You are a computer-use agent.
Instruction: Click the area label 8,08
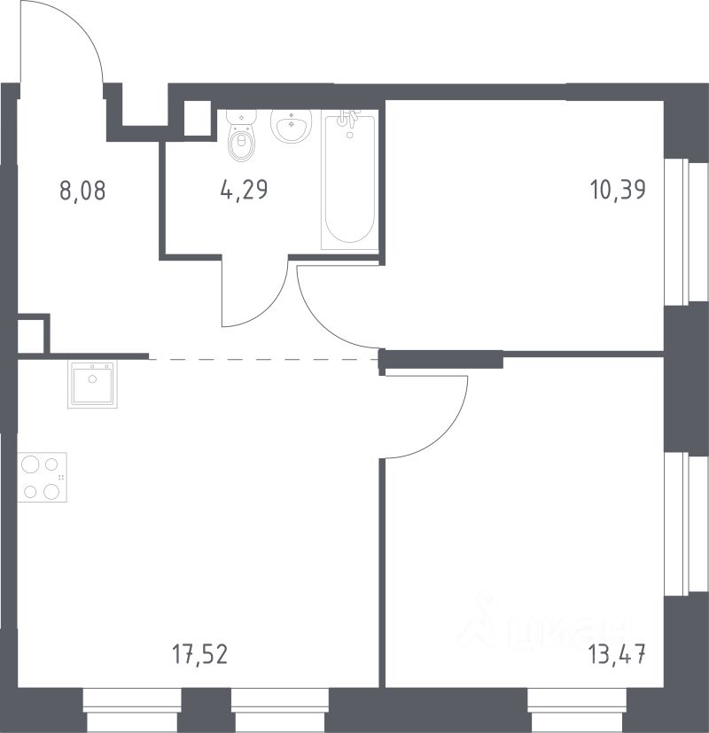pyautogui.click(x=83, y=191)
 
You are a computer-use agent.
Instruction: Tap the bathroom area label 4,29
pyautogui.click(x=244, y=191)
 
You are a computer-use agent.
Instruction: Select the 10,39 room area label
pyautogui.click(x=619, y=191)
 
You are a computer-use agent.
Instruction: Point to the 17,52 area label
pyautogui.click(x=200, y=653)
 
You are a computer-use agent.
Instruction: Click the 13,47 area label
pyautogui.click(x=617, y=653)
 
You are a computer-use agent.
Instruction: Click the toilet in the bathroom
pyautogui.click(x=241, y=136)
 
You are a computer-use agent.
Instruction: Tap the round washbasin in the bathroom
pyautogui.click(x=292, y=125)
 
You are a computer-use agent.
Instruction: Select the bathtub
pyautogui.click(x=349, y=180)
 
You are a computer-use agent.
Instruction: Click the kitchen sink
pyautogui.click(x=92, y=385)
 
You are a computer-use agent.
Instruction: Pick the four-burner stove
pyautogui.click(x=42, y=477)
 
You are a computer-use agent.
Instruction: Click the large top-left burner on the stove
pyautogui.click(x=30, y=464)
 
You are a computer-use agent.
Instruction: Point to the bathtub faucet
pyautogui.click(x=349, y=119)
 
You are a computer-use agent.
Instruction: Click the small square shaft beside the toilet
pyautogui.click(x=198, y=118)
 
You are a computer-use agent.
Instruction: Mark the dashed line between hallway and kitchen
pyautogui.click(x=263, y=359)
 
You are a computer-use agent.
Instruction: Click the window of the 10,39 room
pyautogui.click(x=687, y=232)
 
